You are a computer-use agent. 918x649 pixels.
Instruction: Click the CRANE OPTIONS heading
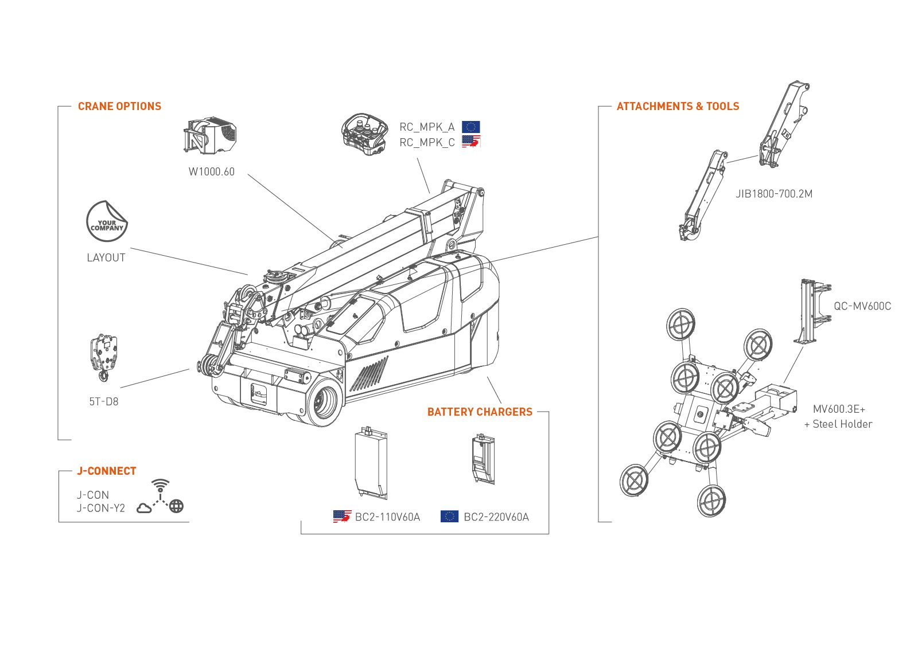(119, 106)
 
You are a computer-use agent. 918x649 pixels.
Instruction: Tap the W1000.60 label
(211, 171)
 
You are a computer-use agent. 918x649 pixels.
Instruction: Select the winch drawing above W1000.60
(211, 136)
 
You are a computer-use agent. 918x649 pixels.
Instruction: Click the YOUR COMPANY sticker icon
(107, 221)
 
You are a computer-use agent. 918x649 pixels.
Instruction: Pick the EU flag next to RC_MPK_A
(470, 127)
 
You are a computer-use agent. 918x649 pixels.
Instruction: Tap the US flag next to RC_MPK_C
(470, 142)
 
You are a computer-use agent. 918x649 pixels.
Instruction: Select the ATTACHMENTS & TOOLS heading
(678, 106)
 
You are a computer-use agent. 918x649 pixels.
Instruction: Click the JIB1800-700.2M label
(774, 194)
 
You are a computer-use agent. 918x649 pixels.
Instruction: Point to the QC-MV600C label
(862, 306)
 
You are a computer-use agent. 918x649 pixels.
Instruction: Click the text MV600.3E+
(839, 409)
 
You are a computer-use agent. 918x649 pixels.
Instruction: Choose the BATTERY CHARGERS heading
(480, 412)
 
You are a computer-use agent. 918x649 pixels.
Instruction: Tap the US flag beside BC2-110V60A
(342, 516)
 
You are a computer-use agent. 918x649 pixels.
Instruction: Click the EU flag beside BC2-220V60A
(449, 516)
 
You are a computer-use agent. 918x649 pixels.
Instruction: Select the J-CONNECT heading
(107, 471)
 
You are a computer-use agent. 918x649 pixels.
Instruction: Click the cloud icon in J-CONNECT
(144, 507)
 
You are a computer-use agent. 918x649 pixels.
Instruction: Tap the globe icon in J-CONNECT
(177, 506)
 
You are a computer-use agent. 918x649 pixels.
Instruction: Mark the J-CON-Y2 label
(101, 508)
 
